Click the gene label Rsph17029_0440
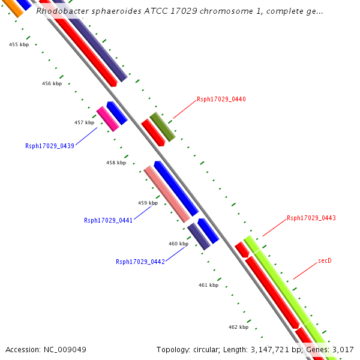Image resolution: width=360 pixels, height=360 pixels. coord(221,99)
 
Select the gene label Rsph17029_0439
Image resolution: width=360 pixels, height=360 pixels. coord(50,146)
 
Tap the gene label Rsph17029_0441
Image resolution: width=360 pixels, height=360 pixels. coord(109,220)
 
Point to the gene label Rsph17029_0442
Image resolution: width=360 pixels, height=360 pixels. coord(140,262)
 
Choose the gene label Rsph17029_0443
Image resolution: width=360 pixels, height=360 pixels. coord(311,218)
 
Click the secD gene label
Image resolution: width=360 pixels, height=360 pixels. coord(325,260)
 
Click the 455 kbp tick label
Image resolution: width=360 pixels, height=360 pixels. coord(19,44)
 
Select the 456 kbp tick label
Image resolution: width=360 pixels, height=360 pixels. coord(52,83)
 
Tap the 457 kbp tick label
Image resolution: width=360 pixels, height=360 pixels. coord(84,122)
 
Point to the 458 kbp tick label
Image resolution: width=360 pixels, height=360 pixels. coord(116,163)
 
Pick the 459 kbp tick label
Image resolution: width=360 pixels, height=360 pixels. coord(148,203)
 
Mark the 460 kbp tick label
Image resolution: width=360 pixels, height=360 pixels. coord(178,244)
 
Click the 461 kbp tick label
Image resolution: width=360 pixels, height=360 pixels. coord(208,285)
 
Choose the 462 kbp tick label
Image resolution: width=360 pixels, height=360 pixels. coord(238,327)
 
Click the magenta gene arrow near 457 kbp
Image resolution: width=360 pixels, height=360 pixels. coord(108,119)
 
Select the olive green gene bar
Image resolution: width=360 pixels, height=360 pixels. coord(162,127)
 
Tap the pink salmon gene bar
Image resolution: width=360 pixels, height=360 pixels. coord(166,193)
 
